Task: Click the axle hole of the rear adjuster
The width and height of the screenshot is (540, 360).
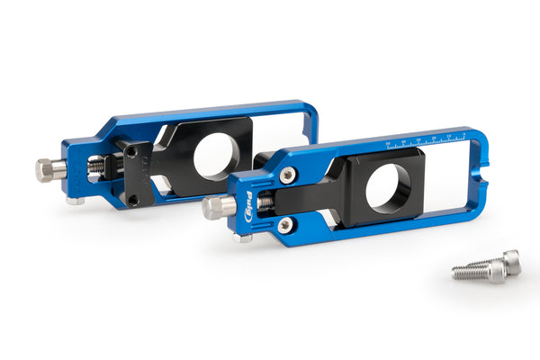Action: (x=216, y=154)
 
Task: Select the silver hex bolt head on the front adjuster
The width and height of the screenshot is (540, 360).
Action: (x=213, y=208)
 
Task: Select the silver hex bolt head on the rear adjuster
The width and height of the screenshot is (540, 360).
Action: (x=46, y=169)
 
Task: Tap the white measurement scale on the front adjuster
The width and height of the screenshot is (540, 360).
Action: (x=424, y=141)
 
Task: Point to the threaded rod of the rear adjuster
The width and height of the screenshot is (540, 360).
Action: (x=94, y=167)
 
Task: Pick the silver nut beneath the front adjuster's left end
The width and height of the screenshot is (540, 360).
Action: (x=240, y=238)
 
